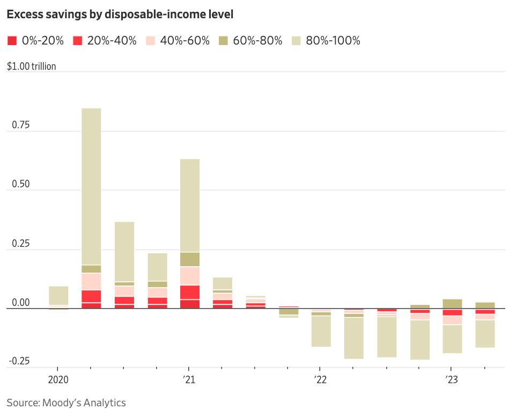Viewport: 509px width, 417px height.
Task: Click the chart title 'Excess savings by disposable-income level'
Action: click(120, 14)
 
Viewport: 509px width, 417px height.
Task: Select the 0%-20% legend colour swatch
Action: click(12, 41)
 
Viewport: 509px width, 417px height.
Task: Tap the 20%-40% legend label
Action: click(112, 41)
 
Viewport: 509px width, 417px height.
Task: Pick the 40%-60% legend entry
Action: click(178, 41)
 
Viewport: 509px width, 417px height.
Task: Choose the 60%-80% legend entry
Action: click(250, 41)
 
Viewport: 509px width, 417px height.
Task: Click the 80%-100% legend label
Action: click(333, 41)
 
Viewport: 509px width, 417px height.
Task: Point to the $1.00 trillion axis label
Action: click(31, 66)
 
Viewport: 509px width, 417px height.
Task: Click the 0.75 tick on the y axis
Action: click(20, 125)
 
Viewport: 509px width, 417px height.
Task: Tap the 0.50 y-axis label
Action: click(20, 184)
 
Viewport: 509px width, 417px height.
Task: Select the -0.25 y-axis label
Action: click(19, 361)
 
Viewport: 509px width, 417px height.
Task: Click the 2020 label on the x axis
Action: click(58, 379)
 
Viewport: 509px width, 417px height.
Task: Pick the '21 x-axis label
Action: click(189, 379)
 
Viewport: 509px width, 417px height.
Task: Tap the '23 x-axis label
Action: click(451, 379)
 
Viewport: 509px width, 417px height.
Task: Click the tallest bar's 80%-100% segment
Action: click(91, 187)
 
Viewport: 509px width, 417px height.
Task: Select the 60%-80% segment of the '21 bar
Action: click(190, 260)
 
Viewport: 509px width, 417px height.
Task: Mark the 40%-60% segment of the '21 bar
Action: click(190, 276)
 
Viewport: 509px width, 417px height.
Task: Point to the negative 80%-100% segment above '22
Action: click(321, 331)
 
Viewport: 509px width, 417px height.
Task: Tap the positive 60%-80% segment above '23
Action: click(452, 304)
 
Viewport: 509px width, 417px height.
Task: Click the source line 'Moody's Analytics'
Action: click(84, 403)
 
